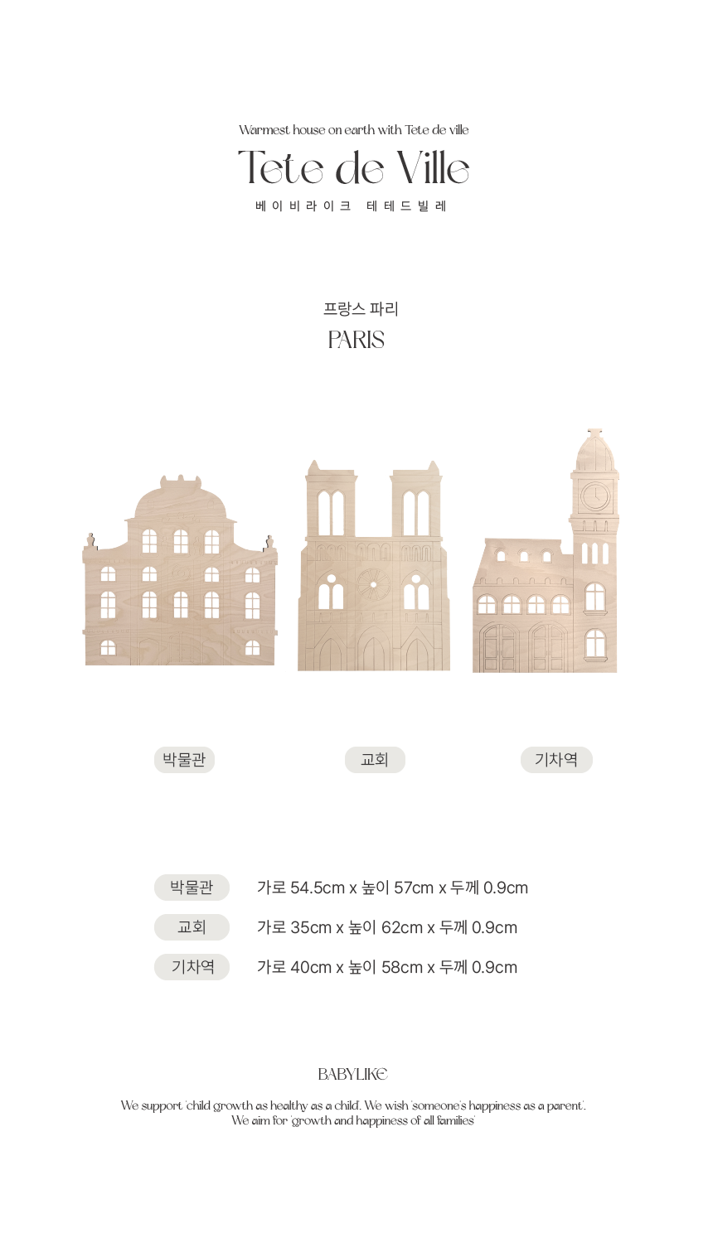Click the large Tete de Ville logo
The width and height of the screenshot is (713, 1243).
coord(354,168)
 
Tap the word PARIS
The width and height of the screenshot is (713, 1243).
coord(356,340)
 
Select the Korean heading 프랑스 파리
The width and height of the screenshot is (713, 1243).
coord(361,309)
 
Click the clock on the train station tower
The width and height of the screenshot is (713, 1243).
coord(594,496)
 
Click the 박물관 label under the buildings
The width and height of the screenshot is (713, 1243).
coord(184,759)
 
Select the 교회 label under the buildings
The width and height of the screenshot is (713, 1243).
coord(375,759)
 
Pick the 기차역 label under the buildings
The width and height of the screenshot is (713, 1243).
coord(556,759)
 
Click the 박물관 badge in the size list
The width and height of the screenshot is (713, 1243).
coord(192,888)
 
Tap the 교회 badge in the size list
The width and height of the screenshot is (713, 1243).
coord(192,927)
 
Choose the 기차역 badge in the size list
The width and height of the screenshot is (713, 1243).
coord(192,967)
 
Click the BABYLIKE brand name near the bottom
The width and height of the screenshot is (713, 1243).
coord(353,1074)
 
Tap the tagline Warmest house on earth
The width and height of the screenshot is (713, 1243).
coord(354,130)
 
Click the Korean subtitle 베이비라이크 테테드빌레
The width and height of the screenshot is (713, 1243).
coord(352,206)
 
